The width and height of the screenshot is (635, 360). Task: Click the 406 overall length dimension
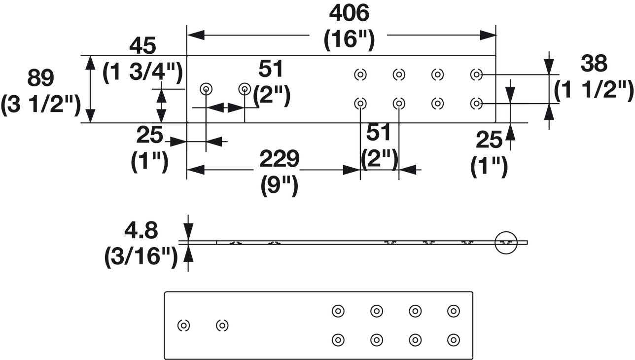click(349, 13)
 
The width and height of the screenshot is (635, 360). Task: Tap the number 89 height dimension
click(40, 78)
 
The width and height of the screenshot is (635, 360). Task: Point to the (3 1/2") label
click(41, 105)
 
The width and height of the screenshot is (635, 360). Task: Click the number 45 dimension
click(142, 46)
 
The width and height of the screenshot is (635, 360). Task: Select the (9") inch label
click(279, 185)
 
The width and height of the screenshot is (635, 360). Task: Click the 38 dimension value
click(594, 63)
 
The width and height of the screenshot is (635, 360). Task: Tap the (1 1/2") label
click(594, 90)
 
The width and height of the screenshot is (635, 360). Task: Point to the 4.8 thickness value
click(141, 230)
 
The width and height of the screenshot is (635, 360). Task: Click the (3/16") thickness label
click(141, 256)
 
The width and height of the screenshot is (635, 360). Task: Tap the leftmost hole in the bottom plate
click(183, 325)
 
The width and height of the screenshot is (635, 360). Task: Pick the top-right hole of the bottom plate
click(453, 311)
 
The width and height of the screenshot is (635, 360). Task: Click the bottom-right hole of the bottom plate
click(453, 340)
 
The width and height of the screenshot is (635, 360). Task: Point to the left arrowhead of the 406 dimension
click(196, 35)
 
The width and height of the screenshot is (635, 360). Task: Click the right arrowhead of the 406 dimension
click(488, 35)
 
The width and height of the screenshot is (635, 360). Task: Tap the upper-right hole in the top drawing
click(476, 74)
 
